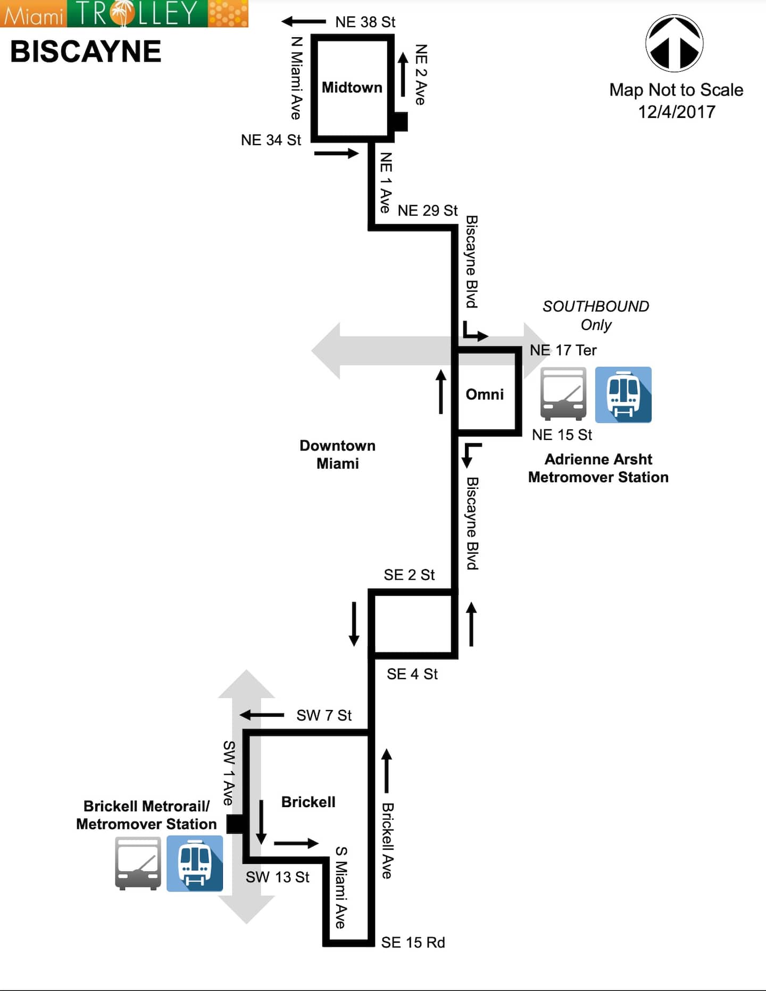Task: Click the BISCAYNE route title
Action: click(86, 52)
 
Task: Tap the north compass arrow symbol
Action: click(674, 44)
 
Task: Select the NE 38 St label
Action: click(365, 22)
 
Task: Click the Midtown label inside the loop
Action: click(352, 87)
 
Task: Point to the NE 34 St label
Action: click(271, 140)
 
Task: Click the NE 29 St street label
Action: click(427, 210)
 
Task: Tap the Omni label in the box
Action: click(485, 394)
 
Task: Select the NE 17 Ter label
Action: click(563, 350)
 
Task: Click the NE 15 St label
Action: click(562, 435)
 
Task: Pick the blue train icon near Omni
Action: click(623, 395)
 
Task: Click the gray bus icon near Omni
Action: click(563, 394)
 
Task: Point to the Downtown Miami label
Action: click(337, 454)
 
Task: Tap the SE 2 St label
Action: click(409, 575)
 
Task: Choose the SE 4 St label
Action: click(412, 674)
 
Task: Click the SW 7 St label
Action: click(324, 715)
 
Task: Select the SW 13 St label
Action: click(277, 877)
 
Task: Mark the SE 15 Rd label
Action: click(413, 942)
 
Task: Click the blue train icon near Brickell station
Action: click(195, 863)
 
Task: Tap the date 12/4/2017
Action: click(676, 112)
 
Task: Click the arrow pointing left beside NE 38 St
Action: click(303, 21)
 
